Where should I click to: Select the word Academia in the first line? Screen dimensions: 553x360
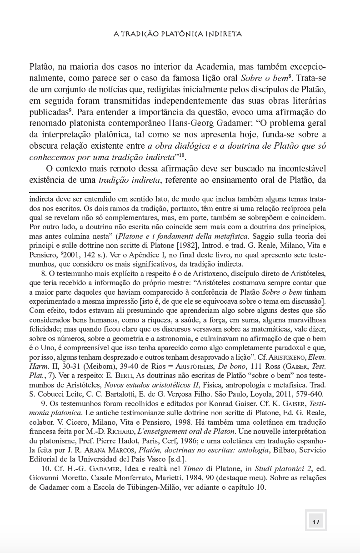(x=211, y=64)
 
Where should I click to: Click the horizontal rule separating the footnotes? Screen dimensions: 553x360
(x=70, y=192)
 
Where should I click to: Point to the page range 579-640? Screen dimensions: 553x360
(x=308, y=394)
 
